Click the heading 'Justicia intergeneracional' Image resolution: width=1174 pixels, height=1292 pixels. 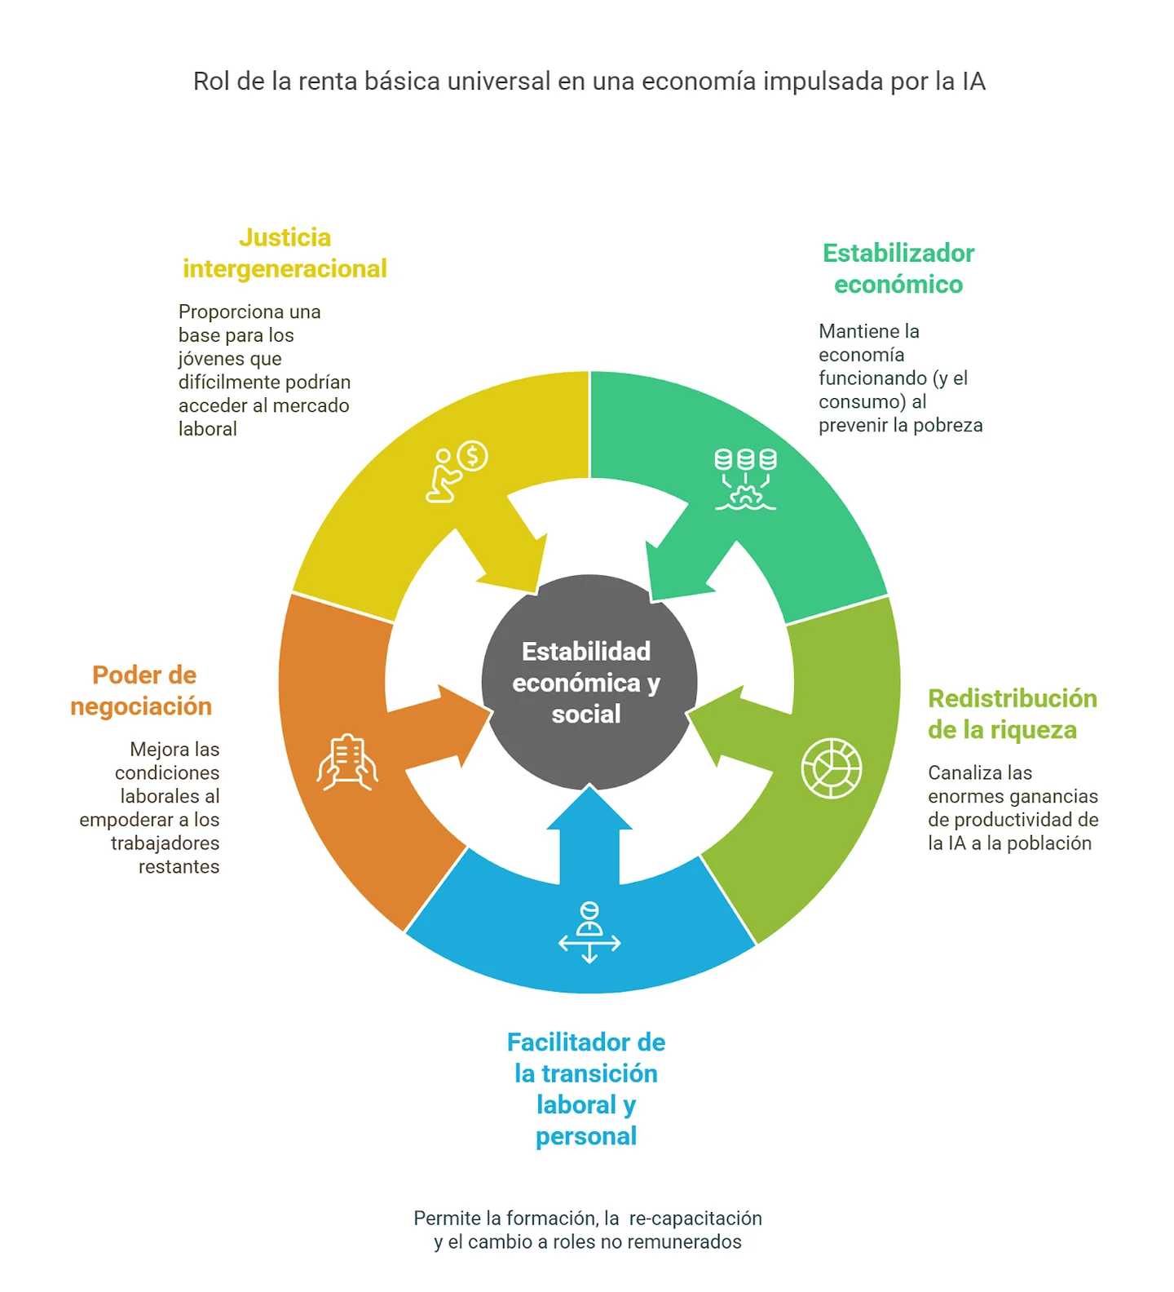click(285, 253)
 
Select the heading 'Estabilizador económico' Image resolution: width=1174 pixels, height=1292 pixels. click(898, 268)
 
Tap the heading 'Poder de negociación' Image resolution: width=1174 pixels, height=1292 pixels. click(142, 690)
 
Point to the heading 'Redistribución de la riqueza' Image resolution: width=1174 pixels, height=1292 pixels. click(1013, 714)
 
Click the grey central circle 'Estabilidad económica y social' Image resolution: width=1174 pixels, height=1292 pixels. click(589, 682)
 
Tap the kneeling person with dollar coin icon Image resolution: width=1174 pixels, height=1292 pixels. click(457, 471)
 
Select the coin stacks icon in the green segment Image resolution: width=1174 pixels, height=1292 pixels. click(745, 480)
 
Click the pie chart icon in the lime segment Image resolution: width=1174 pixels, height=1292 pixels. click(832, 768)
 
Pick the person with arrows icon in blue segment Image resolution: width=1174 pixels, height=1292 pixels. click(589, 932)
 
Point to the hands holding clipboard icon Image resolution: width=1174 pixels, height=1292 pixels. click(347, 763)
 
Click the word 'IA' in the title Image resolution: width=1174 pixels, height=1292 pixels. click(973, 82)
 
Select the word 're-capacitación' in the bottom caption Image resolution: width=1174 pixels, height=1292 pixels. click(695, 1218)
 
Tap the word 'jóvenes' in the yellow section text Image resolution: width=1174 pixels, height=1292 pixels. click(230, 359)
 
